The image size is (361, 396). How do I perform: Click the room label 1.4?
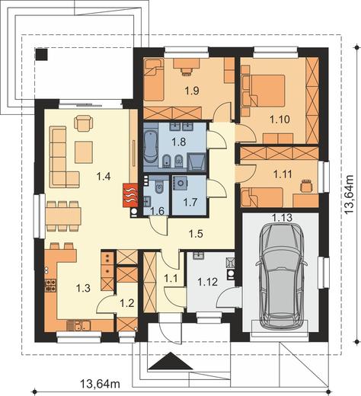[104, 176]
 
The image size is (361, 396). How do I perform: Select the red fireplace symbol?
[130, 195]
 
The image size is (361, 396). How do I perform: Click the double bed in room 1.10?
[268, 91]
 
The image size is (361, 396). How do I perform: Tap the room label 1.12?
[207, 282]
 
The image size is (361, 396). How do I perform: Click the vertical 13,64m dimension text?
[349, 194]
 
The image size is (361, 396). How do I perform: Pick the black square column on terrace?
[41, 54]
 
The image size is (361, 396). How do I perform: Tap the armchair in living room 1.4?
[83, 123]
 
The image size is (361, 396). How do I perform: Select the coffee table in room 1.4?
[84, 152]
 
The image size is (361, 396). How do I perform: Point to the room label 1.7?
[190, 202]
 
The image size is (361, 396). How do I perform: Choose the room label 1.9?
[192, 91]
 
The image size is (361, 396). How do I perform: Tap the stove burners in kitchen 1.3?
[50, 285]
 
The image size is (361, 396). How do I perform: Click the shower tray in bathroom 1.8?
[196, 161]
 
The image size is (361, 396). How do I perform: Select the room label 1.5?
[196, 234]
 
